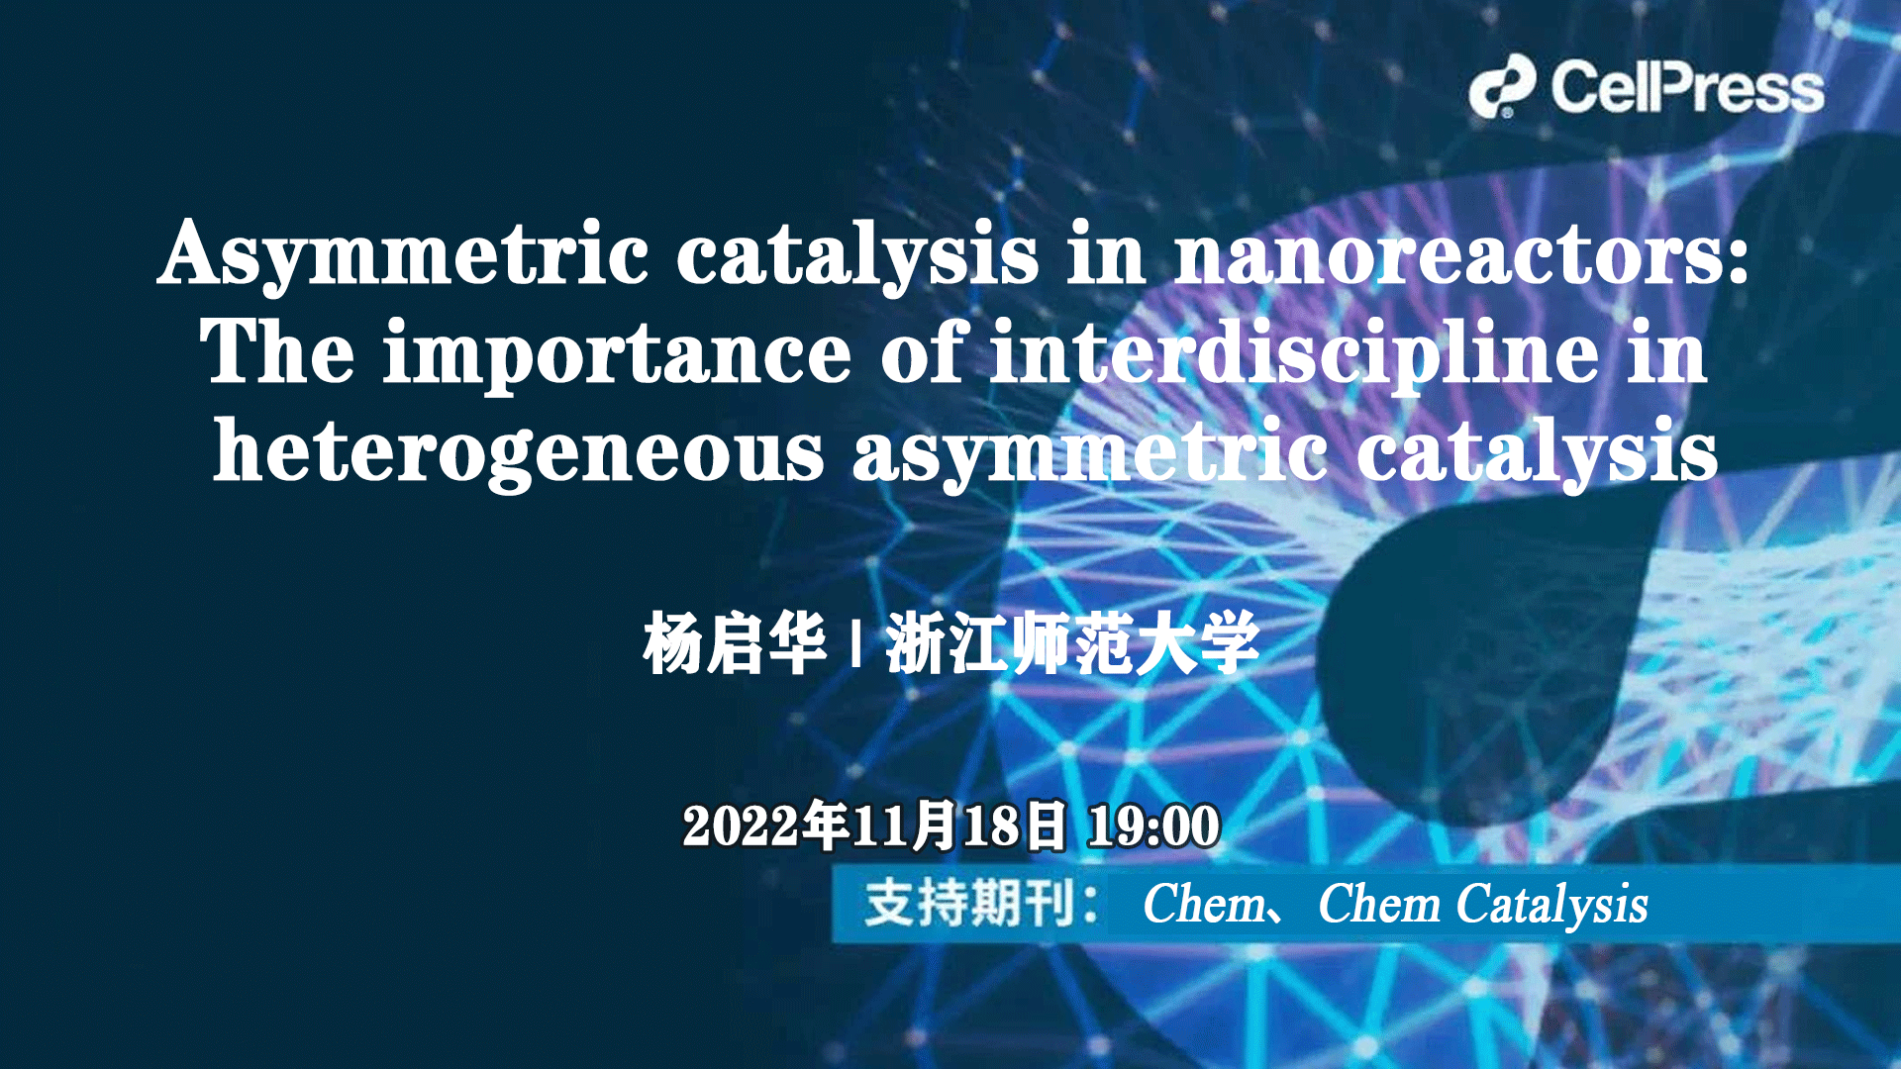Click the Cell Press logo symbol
1502,86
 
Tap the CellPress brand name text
1687,87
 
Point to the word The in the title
276,353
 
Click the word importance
617,353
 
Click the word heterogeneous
518,452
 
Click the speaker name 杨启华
734,644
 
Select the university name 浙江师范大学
1072,644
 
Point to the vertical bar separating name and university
855,644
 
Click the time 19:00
1153,826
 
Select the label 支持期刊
969,904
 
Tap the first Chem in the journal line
1204,904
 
